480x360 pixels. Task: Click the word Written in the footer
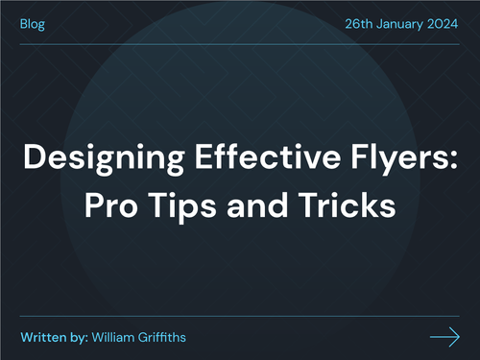pos(43,337)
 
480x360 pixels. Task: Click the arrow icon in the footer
pos(444,336)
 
